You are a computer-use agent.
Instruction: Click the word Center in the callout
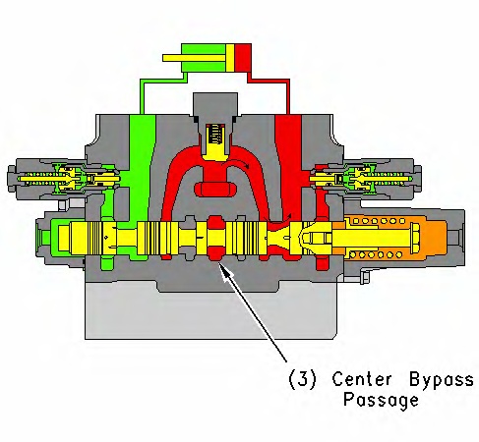point(361,379)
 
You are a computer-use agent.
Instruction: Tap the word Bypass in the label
point(442,381)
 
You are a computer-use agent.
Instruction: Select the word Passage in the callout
point(381,401)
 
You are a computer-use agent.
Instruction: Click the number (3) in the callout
point(302,379)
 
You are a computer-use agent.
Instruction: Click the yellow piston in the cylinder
point(230,58)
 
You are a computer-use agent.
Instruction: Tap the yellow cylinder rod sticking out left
point(195,58)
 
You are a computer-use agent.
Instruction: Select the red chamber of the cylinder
point(243,58)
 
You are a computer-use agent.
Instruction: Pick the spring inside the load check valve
point(214,135)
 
